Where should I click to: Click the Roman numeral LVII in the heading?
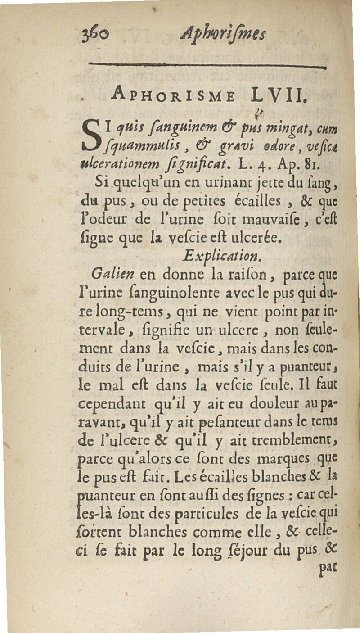[277, 95]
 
